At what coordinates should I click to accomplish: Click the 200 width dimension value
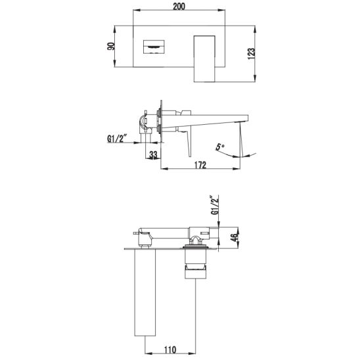tap(179, 7)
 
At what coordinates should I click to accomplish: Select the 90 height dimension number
tap(111, 47)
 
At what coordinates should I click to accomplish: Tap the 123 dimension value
tap(252, 53)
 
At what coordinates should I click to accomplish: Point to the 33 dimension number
tap(153, 155)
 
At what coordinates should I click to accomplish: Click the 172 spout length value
tap(200, 165)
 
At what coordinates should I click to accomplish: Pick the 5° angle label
tap(220, 146)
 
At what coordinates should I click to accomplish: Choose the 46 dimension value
tap(235, 238)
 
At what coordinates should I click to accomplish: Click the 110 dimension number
tap(170, 350)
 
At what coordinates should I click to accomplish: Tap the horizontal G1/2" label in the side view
tap(117, 139)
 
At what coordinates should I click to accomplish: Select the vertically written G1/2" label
tap(215, 205)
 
